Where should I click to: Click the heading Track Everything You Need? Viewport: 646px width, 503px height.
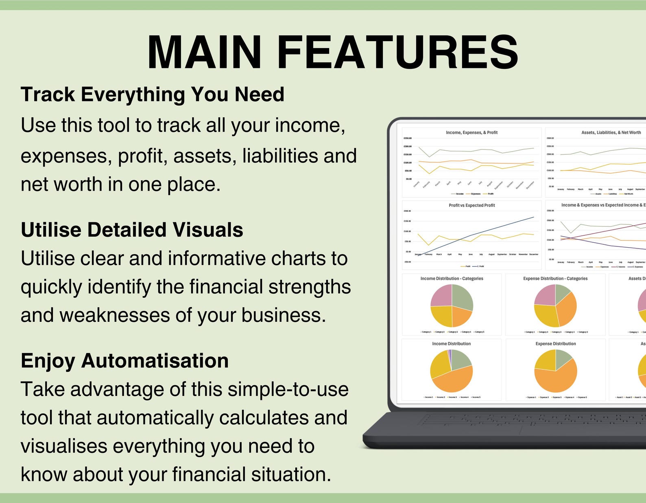pyautogui.click(x=152, y=94)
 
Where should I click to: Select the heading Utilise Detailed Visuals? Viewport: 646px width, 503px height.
pyautogui.click(x=132, y=230)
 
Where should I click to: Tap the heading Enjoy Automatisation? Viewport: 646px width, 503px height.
pyautogui.click(x=124, y=361)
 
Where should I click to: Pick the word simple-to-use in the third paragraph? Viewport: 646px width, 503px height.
pyautogui.click(x=288, y=389)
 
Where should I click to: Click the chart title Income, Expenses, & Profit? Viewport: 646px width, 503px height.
pyautogui.click(x=471, y=132)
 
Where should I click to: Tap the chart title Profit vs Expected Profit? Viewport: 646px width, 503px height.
pyautogui.click(x=471, y=205)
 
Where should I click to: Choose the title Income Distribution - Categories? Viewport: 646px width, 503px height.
pyautogui.click(x=452, y=279)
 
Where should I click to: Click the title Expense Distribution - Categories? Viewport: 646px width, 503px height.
pyautogui.click(x=555, y=279)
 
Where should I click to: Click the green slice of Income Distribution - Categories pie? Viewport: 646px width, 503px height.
pyautogui.click(x=462, y=297)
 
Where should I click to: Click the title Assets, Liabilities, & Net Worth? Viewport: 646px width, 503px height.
pyautogui.click(x=611, y=132)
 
